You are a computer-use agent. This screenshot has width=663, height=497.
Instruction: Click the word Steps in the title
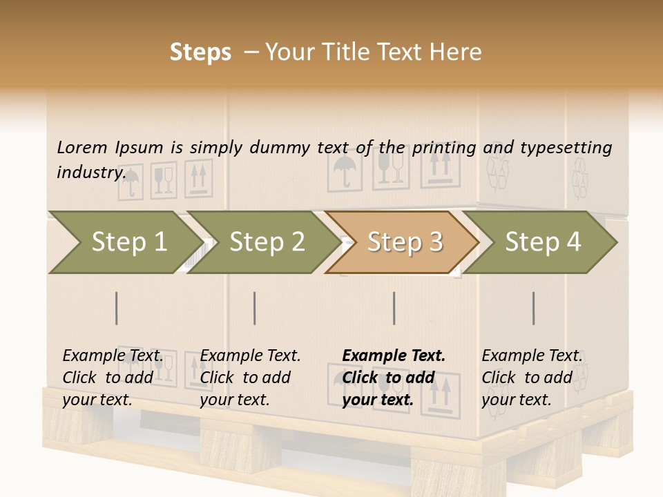coord(200,52)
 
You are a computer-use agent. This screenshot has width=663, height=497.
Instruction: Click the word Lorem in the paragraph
coord(82,147)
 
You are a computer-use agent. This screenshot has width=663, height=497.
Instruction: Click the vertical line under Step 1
coord(117,308)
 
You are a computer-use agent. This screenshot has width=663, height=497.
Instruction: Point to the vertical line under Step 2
coord(255,308)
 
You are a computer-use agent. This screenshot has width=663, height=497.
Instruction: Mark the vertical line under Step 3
coord(394,308)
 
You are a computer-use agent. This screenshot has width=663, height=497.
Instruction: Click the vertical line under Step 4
coord(534,308)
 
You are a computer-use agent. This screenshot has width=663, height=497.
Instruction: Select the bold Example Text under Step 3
coord(394,356)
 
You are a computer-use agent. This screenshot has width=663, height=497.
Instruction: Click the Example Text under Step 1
coord(113,356)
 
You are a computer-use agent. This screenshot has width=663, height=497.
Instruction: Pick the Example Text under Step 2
coord(250,356)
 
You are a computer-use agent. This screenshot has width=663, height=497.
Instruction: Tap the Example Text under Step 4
coord(532,356)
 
